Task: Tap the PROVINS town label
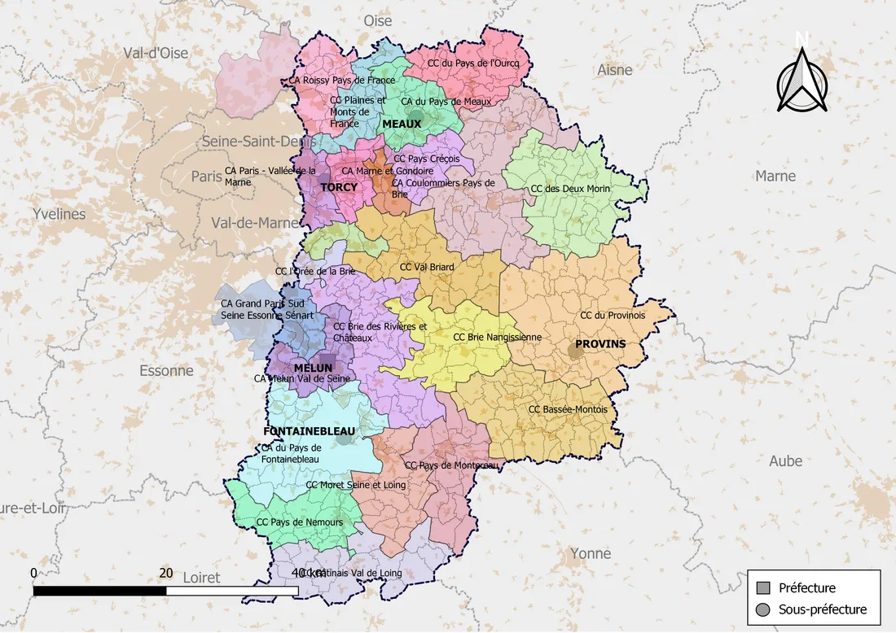600,344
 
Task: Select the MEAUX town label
402,124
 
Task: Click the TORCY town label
339,187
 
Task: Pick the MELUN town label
313,368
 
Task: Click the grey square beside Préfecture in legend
763,588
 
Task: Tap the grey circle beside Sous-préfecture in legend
763,609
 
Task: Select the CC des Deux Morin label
570,189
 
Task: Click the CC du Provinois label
613,315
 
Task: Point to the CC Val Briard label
427,267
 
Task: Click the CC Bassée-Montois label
568,409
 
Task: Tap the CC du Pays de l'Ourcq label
468,63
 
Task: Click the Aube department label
785,461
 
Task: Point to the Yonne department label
591,554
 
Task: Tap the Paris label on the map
206,176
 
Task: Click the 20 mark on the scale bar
166,573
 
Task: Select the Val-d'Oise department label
156,53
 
